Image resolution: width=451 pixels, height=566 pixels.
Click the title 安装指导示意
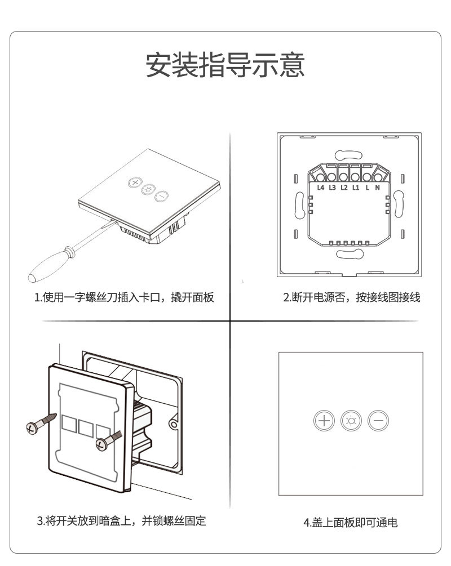click(x=225, y=65)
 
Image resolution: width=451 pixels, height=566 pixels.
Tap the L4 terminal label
click(x=321, y=188)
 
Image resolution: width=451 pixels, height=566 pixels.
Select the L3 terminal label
click(x=333, y=188)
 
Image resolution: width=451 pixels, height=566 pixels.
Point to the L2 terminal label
click(x=344, y=188)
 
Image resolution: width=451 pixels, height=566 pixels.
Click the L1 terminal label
click(x=355, y=188)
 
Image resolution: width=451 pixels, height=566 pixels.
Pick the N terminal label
click(x=377, y=188)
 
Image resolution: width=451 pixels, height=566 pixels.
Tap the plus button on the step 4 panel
click(x=324, y=421)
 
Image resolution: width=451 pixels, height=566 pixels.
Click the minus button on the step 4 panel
click(x=378, y=421)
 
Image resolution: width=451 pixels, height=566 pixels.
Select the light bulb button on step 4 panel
click(x=351, y=421)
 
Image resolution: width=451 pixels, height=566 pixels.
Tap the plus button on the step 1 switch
click(x=135, y=183)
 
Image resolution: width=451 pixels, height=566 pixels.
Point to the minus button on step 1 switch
click(x=162, y=197)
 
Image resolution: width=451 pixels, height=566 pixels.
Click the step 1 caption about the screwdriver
click(x=125, y=297)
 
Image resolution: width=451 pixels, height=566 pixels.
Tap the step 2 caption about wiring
click(x=351, y=297)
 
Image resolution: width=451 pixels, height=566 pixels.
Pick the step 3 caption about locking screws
click(x=121, y=521)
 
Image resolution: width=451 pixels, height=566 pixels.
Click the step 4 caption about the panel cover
click(x=351, y=522)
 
